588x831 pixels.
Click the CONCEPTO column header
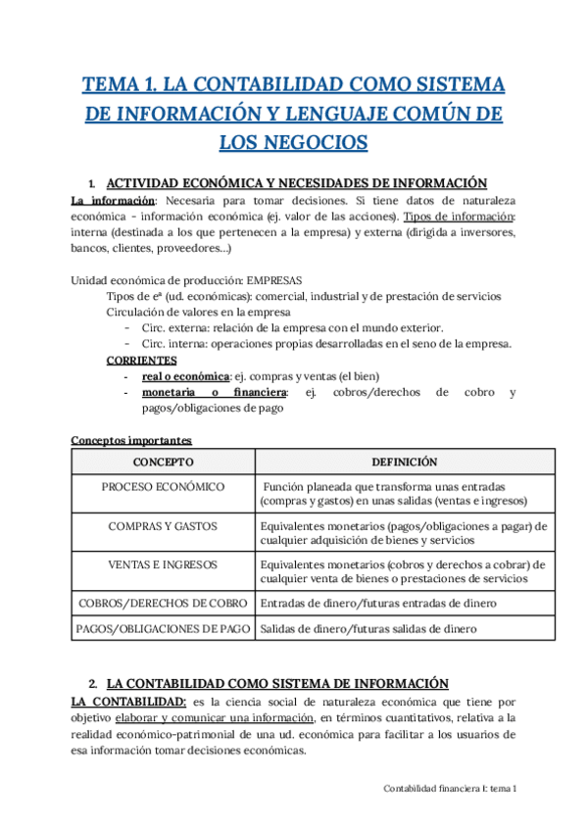point(163,462)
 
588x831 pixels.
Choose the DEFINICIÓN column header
point(404,462)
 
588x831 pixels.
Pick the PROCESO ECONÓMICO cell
point(163,487)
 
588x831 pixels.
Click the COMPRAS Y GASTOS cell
point(163,526)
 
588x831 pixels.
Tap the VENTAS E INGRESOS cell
point(163,565)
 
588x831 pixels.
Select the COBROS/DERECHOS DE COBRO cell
point(163,604)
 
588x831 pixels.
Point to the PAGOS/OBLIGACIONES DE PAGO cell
point(163,628)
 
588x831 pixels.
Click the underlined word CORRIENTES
point(142,361)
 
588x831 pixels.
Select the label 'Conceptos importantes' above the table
point(131,440)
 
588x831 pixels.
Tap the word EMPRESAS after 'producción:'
point(275,279)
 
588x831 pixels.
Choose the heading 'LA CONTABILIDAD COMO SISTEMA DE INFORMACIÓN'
point(277,683)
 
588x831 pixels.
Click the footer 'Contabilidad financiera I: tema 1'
point(450,788)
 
